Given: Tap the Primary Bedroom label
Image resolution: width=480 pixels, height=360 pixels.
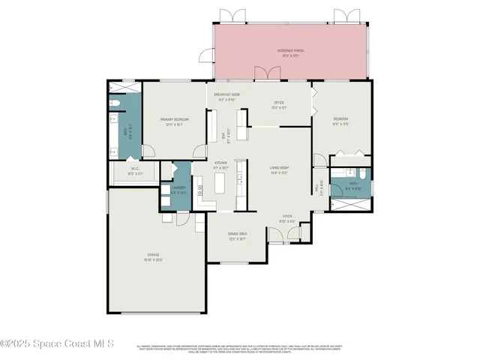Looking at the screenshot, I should point(173,122).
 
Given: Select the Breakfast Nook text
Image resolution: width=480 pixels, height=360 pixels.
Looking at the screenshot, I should point(226,97).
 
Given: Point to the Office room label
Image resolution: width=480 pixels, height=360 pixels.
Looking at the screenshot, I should point(280,106).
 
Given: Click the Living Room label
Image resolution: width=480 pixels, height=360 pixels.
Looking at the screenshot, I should point(280,170).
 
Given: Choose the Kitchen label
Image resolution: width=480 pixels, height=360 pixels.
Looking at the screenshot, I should point(221,164).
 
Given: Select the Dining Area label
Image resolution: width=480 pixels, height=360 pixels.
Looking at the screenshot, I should point(238,235).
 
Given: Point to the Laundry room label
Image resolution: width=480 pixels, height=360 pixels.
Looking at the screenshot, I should point(179,191).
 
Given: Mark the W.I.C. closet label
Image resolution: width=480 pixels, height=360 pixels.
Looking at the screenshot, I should point(136,171).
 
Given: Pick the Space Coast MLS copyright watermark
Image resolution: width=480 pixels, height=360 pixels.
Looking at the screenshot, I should point(57,343).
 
